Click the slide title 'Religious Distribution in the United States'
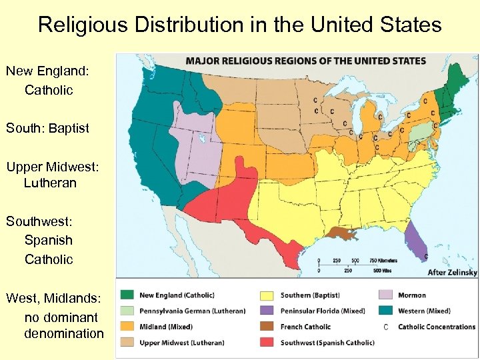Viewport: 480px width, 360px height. [240, 25]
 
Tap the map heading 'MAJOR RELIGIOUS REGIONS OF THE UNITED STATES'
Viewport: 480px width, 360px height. [306, 61]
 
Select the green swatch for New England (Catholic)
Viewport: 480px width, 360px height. [127, 295]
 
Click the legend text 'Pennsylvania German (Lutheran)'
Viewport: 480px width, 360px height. [192, 311]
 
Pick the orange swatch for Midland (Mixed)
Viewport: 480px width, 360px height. [127, 327]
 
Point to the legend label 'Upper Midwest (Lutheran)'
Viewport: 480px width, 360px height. [181, 343]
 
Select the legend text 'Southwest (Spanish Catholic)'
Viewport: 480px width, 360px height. [327, 343]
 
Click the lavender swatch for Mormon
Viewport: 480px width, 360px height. [385, 295]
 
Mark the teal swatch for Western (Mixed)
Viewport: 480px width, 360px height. [385, 311]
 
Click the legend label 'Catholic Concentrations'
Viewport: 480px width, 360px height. [437, 327]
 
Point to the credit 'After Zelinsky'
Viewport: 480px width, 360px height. [452, 273]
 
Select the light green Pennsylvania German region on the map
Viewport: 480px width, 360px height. [418, 131]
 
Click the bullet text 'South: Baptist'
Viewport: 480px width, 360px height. [47, 128]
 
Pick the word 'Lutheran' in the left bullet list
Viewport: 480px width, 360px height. [50, 183]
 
